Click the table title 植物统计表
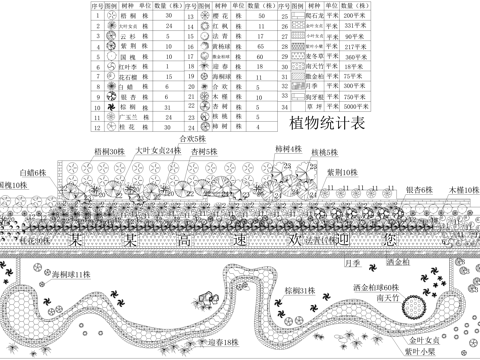click(326, 123)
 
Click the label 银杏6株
click(419, 188)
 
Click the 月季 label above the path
click(351, 263)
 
